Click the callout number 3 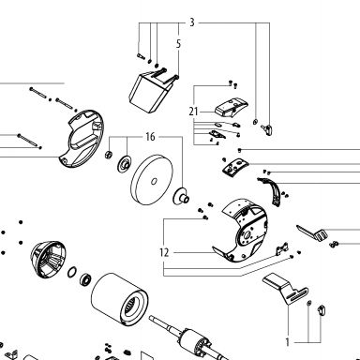pos(192,22)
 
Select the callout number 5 pos(178,44)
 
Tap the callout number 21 pos(194,112)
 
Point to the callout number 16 pos(150,137)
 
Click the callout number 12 pos(164,252)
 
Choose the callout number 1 pos(288,342)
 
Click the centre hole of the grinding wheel pos(154,181)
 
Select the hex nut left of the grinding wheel pos(109,154)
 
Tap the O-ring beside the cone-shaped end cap pos(72,272)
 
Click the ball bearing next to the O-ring pos(85,278)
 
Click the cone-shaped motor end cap pos(46,259)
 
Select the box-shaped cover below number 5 pos(148,92)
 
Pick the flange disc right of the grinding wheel pos(181,196)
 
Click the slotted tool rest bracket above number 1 pos(287,288)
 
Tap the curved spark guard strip pos(273,191)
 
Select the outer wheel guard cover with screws pos(81,140)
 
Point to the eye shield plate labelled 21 pos(232,107)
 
